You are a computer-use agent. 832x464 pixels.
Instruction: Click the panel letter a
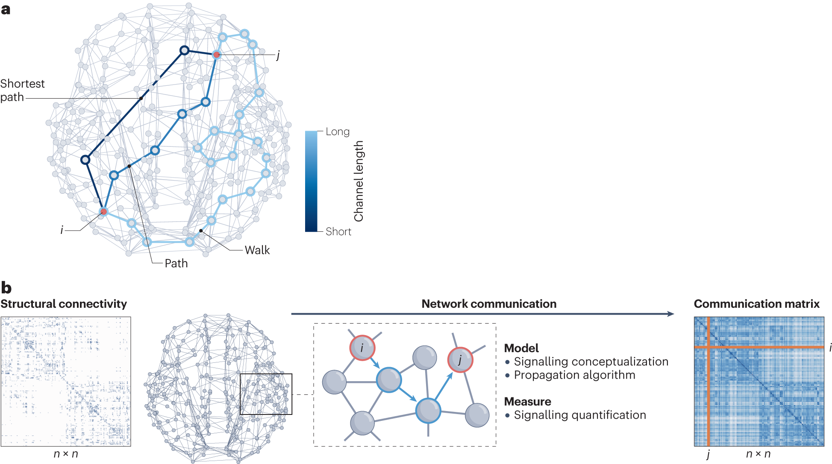[6, 9]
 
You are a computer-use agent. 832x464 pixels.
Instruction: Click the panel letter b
[6, 288]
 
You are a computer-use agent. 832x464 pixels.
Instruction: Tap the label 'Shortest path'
[22, 90]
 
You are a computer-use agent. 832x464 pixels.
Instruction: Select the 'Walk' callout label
[257, 250]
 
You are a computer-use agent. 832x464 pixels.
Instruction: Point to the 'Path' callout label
[176, 263]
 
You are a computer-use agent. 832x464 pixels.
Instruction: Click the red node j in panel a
[217, 55]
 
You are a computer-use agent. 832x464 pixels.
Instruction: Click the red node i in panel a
[103, 211]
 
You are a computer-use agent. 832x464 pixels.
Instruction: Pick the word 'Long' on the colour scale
[338, 131]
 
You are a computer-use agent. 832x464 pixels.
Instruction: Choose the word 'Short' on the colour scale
[338, 231]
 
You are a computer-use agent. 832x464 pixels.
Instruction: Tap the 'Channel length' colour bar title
[359, 181]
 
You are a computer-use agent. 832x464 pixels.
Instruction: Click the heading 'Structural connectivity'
[64, 304]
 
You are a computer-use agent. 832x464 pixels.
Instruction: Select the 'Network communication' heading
[489, 304]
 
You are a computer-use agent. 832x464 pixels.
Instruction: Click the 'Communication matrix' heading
[756, 304]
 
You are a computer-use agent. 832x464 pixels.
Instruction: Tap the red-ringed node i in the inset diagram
[362, 348]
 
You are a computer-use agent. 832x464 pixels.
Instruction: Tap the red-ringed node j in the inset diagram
[460, 360]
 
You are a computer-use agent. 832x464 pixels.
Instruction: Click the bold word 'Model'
[521, 348]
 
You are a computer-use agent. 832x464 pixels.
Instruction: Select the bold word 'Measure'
[527, 402]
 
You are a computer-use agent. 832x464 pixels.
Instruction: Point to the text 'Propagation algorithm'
[574, 375]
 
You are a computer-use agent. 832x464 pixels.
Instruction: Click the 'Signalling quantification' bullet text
[580, 415]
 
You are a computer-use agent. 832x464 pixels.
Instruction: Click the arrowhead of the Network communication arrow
[670, 314]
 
